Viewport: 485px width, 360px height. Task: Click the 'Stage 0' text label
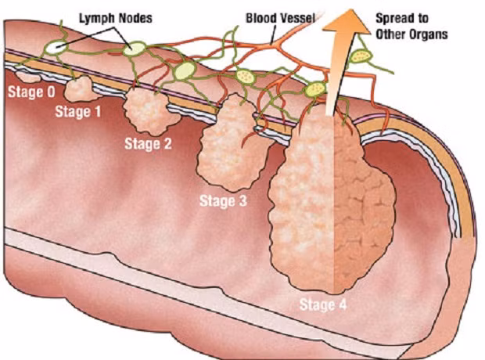[x=31, y=92]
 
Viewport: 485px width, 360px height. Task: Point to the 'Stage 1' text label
[x=78, y=112]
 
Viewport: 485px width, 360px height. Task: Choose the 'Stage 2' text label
[x=149, y=143]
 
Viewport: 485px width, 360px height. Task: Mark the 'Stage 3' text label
[x=223, y=201]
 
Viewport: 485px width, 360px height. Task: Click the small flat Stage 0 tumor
[x=29, y=77]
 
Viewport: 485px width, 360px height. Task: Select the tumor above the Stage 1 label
[x=78, y=88]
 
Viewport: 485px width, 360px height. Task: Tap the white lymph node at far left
[x=56, y=48]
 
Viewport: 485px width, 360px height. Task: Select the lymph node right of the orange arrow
[x=362, y=56]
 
